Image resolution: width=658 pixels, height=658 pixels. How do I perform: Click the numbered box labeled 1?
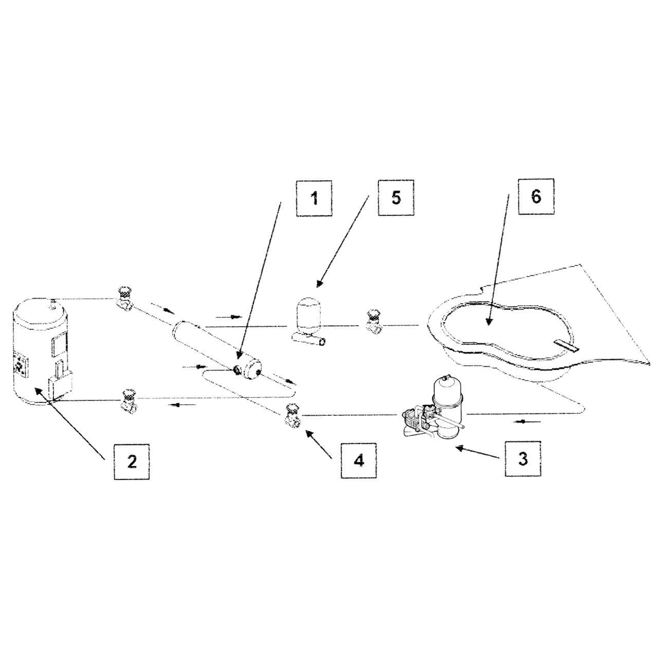pos(314,198)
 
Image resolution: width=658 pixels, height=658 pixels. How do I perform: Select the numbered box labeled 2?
pos(131,462)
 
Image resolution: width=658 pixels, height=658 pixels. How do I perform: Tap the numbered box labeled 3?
pos(523,458)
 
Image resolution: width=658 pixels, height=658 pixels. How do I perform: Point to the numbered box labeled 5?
pos(396,198)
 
